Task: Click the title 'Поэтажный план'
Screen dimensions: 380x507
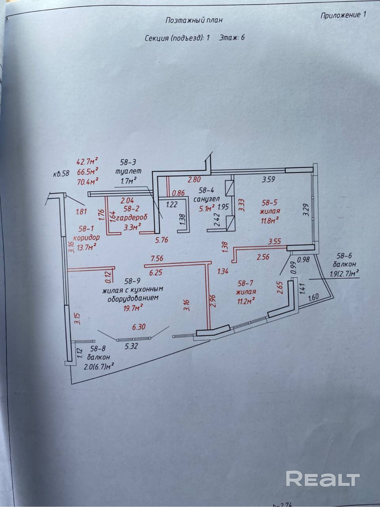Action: [x=194, y=20]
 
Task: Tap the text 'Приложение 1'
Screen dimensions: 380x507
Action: [x=343, y=15]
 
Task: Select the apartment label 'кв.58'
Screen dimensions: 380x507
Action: [x=61, y=174]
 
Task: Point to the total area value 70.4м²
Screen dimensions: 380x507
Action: [x=87, y=181]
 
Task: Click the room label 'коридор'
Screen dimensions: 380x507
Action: [x=86, y=238]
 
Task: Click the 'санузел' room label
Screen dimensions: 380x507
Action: [x=206, y=199]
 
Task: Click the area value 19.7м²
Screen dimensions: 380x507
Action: [x=132, y=308]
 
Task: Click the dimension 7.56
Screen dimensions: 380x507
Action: [x=157, y=258]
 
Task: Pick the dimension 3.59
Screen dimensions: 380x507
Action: [x=269, y=180]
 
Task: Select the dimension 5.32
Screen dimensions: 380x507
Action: [x=131, y=346]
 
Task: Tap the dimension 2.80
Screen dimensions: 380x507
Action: [x=194, y=180]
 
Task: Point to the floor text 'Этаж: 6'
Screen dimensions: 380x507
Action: [x=232, y=38]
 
